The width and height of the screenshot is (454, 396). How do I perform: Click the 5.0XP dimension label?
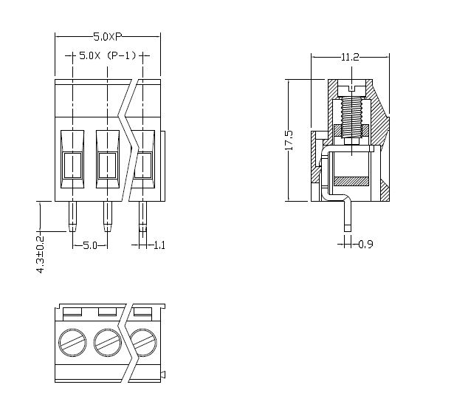pyautogui.click(x=109, y=36)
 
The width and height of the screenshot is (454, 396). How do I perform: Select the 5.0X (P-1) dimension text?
pyautogui.click(x=108, y=56)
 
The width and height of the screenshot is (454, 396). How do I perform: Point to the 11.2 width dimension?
pyautogui.click(x=350, y=57)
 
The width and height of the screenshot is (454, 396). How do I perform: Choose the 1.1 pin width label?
pyautogui.click(x=159, y=245)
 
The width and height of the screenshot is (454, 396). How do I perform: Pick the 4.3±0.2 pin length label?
pyautogui.click(x=41, y=255)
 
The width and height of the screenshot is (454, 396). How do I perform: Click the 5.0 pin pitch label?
pyautogui.click(x=90, y=245)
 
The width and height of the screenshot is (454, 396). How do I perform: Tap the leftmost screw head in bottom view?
pyautogui.click(x=72, y=341)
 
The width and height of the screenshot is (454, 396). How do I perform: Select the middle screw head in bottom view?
pyautogui.click(x=108, y=341)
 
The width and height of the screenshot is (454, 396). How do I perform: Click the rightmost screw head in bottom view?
pyautogui.click(x=143, y=341)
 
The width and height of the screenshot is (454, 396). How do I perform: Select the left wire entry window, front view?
pyautogui.click(x=72, y=165)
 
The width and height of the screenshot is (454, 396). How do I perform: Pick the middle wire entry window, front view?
pyautogui.click(x=108, y=165)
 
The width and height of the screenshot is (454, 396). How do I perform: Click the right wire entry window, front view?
pyautogui.click(x=142, y=165)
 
